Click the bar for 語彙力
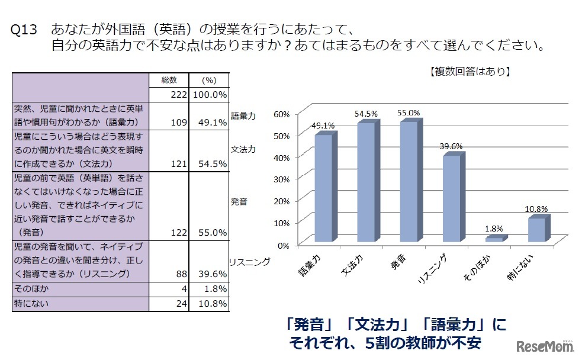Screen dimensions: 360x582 (x=323, y=188)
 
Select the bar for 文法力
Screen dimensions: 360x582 (x=366, y=182)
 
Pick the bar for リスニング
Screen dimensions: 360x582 (x=452, y=198)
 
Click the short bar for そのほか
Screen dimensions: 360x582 (x=494, y=239)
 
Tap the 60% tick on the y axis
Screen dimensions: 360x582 (x=281, y=114)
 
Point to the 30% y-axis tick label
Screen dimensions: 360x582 (x=281, y=179)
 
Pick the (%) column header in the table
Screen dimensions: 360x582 (x=210, y=80)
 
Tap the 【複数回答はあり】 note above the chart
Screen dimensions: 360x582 (x=468, y=72)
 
